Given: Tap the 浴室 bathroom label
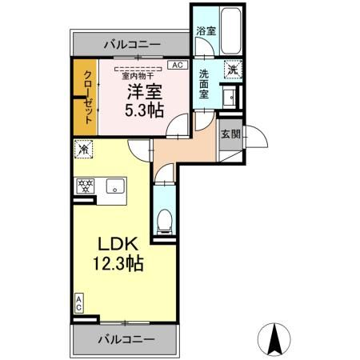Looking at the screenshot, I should pos(206,31).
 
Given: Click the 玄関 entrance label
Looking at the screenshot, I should pos(231,134).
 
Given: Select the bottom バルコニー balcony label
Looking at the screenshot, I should pos(126,339).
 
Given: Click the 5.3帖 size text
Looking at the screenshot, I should pos(144,110).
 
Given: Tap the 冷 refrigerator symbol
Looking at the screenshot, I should pos(83,149).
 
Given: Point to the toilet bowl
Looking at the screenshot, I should pos(164,218).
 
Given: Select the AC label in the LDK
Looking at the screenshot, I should pos(78,302).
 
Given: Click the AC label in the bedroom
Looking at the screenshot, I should pos(178,66).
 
